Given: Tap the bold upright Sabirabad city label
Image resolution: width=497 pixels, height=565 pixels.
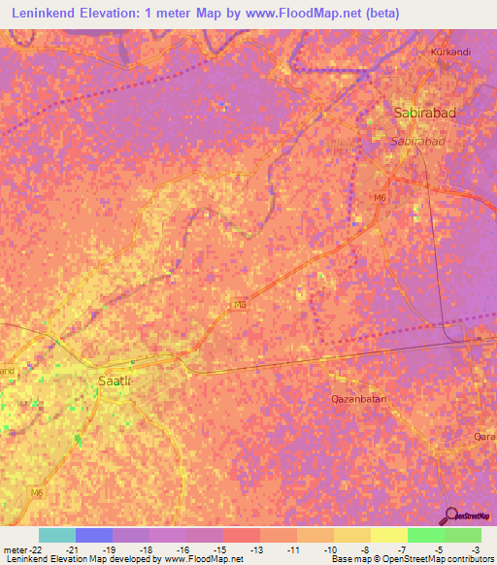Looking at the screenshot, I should point(424,114).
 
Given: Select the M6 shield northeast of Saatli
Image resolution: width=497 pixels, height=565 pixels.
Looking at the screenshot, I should point(239,304).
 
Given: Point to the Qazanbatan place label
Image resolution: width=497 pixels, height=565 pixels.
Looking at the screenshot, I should point(358,399).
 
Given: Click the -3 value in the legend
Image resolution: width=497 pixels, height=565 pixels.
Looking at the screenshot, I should point(475,548).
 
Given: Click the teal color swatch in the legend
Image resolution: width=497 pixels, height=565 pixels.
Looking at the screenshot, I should point(57,535).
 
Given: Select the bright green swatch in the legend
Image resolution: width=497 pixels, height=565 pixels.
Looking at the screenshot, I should point(425,535).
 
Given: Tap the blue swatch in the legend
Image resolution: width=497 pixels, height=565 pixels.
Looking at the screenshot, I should point(94,535).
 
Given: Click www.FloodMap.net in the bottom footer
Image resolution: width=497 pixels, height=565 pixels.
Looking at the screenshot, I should point(204,559).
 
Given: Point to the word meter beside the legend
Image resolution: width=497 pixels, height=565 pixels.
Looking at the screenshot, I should point(12,548).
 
